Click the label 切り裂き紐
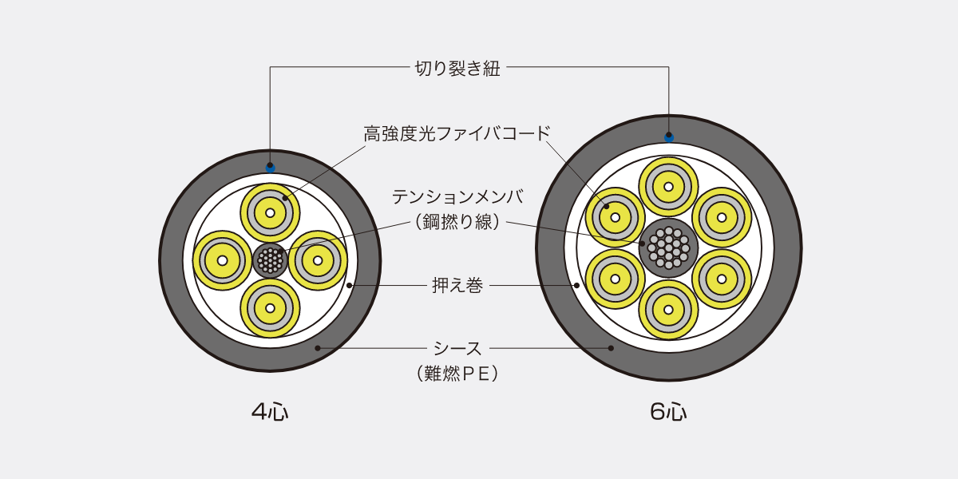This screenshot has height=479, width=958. point(457,69)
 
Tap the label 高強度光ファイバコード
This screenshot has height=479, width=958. point(457,134)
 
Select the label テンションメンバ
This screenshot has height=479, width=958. point(457,197)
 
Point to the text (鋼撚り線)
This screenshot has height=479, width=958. point(457,222)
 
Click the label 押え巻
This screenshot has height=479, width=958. point(457,285)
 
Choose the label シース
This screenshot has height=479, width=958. point(457,349)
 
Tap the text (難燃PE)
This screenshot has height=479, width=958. point(457,374)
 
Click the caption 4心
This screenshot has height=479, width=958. point(270,412)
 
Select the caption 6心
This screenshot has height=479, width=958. point(668,412)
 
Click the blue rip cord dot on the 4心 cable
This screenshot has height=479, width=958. point(271,168)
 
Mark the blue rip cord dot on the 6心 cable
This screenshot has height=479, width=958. point(669,137)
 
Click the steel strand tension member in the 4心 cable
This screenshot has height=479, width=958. point(271,260)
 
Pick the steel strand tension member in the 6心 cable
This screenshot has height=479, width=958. point(668,248)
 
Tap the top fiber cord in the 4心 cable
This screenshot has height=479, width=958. point(270,212)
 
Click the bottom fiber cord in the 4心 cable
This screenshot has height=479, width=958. point(270,308)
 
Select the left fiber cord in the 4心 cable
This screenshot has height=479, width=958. point(223,260)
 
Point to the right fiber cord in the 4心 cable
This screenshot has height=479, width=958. point(318,260)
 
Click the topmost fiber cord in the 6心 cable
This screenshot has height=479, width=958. point(668,187)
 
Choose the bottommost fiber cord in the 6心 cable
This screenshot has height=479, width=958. point(668,310)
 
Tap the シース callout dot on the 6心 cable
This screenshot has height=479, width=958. point(611,348)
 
